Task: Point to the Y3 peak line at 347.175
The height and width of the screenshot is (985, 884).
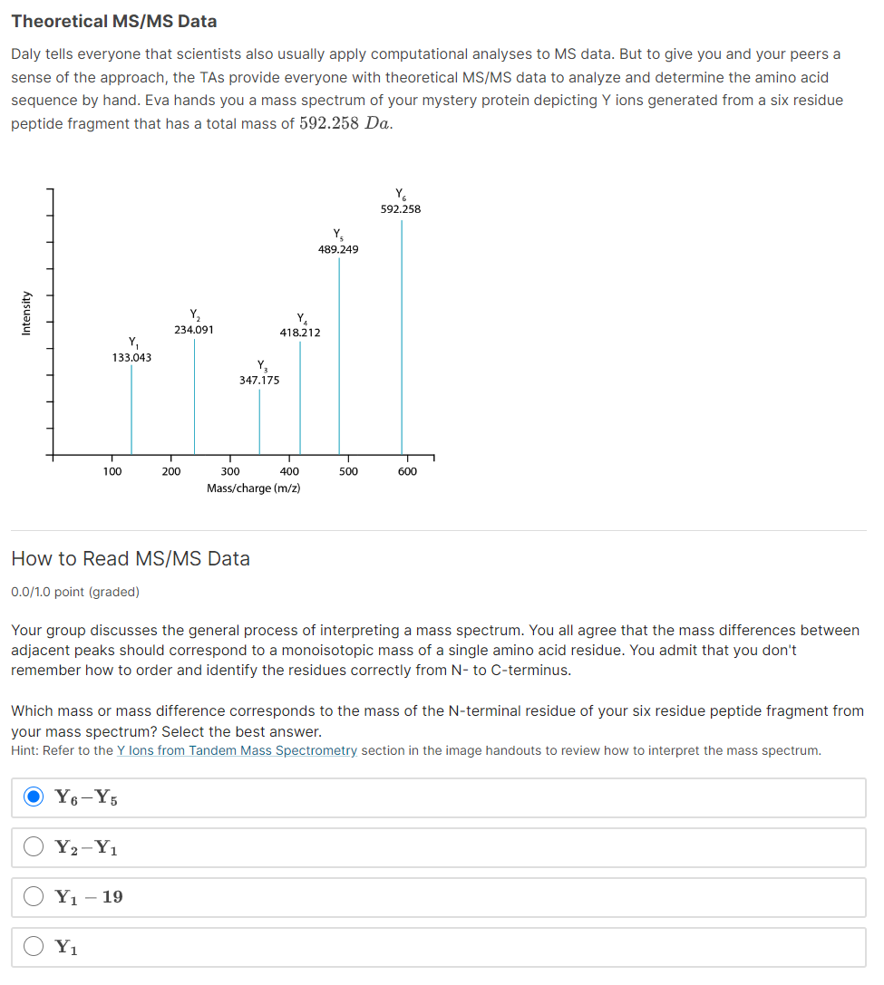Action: pyautogui.click(x=259, y=421)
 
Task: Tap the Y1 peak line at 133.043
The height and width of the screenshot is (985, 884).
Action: pyautogui.click(x=131, y=409)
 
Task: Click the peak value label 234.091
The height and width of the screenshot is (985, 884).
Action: pyautogui.click(x=194, y=330)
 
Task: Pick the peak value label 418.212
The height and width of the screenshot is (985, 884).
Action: pyautogui.click(x=300, y=333)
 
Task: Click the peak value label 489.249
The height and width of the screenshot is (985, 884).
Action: pyautogui.click(x=338, y=249)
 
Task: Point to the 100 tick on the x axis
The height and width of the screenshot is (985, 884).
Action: pyautogui.click(x=112, y=471)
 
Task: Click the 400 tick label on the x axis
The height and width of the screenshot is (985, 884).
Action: pyautogui.click(x=289, y=471)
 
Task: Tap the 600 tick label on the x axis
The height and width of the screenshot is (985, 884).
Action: pyautogui.click(x=407, y=471)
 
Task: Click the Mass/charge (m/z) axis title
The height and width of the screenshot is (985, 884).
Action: pyautogui.click(x=254, y=488)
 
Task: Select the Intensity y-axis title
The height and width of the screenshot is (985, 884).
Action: pyautogui.click(x=26, y=313)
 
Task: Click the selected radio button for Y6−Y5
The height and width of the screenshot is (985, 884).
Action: pyautogui.click(x=34, y=797)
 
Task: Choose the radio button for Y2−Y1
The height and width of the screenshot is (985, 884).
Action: pyautogui.click(x=34, y=847)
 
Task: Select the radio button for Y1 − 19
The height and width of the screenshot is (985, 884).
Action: pyautogui.click(x=34, y=897)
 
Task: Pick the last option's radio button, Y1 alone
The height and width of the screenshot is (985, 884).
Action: pyautogui.click(x=34, y=947)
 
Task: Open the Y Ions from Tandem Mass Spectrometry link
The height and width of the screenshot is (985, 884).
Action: pyautogui.click(x=238, y=750)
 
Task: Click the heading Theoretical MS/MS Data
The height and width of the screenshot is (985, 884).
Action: pyautogui.click(x=114, y=21)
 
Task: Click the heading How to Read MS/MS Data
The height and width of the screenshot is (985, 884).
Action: pyautogui.click(x=131, y=559)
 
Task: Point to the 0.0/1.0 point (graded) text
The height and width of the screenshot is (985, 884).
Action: pyautogui.click(x=75, y=592)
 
